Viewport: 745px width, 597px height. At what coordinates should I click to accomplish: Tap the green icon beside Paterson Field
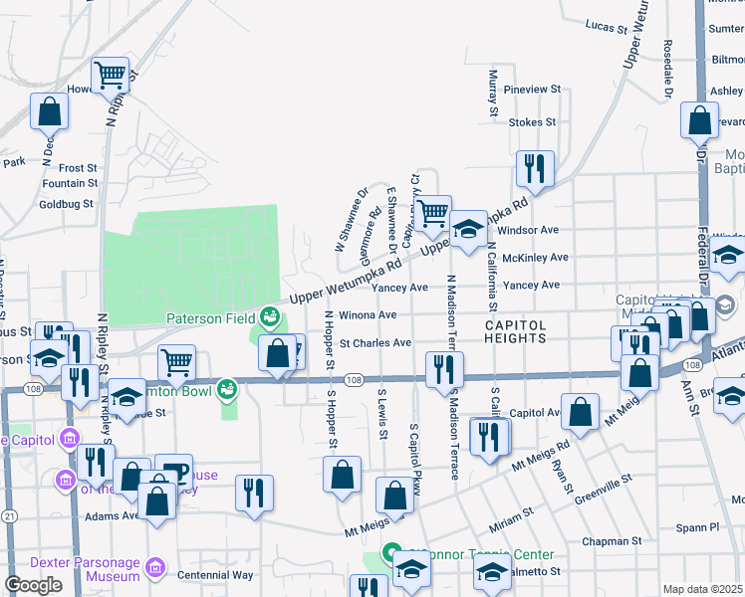[x=269, y=318]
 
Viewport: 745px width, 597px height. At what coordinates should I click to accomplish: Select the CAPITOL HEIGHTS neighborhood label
[x=516, y=331]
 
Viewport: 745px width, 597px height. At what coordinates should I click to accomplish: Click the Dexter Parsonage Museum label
[x=85, y=568]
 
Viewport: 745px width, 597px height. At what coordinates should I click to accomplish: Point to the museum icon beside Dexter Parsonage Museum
[x=155, y=568]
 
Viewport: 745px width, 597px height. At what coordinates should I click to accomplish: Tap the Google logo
[x=33, y=585]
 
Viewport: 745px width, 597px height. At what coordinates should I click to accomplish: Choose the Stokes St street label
[x=531, y=122]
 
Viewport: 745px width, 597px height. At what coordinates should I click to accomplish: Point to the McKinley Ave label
[x=536, y=257]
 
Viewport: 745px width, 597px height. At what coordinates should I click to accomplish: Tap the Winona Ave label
[x=369, y=315]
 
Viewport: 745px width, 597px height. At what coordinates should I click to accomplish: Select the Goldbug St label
[x=65, y=203]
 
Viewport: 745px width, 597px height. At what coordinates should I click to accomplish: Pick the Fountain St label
[x=70, y=183]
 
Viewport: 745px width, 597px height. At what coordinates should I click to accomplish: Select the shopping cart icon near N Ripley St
[x=111, y=75]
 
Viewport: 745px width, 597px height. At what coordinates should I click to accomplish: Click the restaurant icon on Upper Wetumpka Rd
[x=536, y=171]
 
